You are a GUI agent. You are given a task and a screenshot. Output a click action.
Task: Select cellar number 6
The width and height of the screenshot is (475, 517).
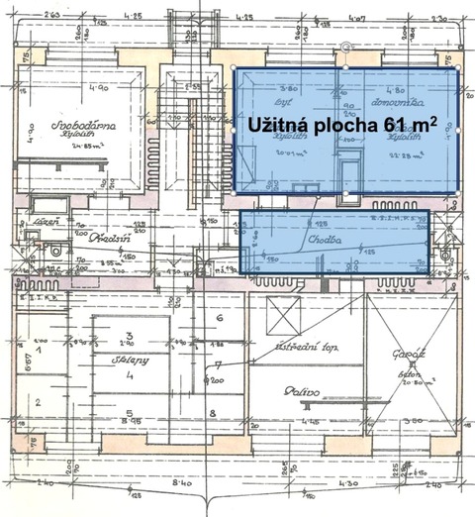tap(218, 318)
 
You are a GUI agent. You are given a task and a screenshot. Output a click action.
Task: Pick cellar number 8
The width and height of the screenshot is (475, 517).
tap(212, 414)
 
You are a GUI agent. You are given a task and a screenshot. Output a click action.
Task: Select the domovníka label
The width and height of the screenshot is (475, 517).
tap(404, 101)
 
